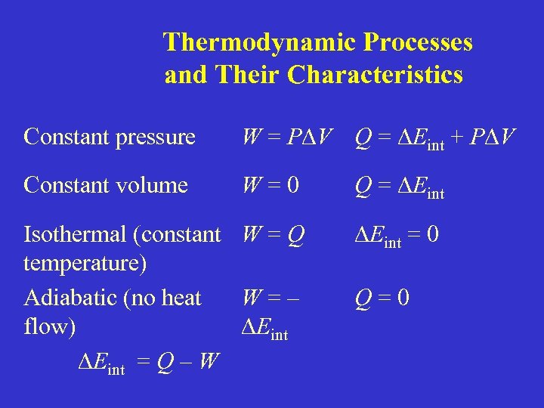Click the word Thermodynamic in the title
click(x=259, y=42)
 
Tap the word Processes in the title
click(x=418, y=42)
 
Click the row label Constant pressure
click(x=110, y=137)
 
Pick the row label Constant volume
click(x=106, y=185)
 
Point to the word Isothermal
click(x=75, y=235)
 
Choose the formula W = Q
click(x=273, y=236)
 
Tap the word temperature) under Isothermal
click(x=85, y=264)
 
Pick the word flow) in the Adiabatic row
click(x=50, y=327)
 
